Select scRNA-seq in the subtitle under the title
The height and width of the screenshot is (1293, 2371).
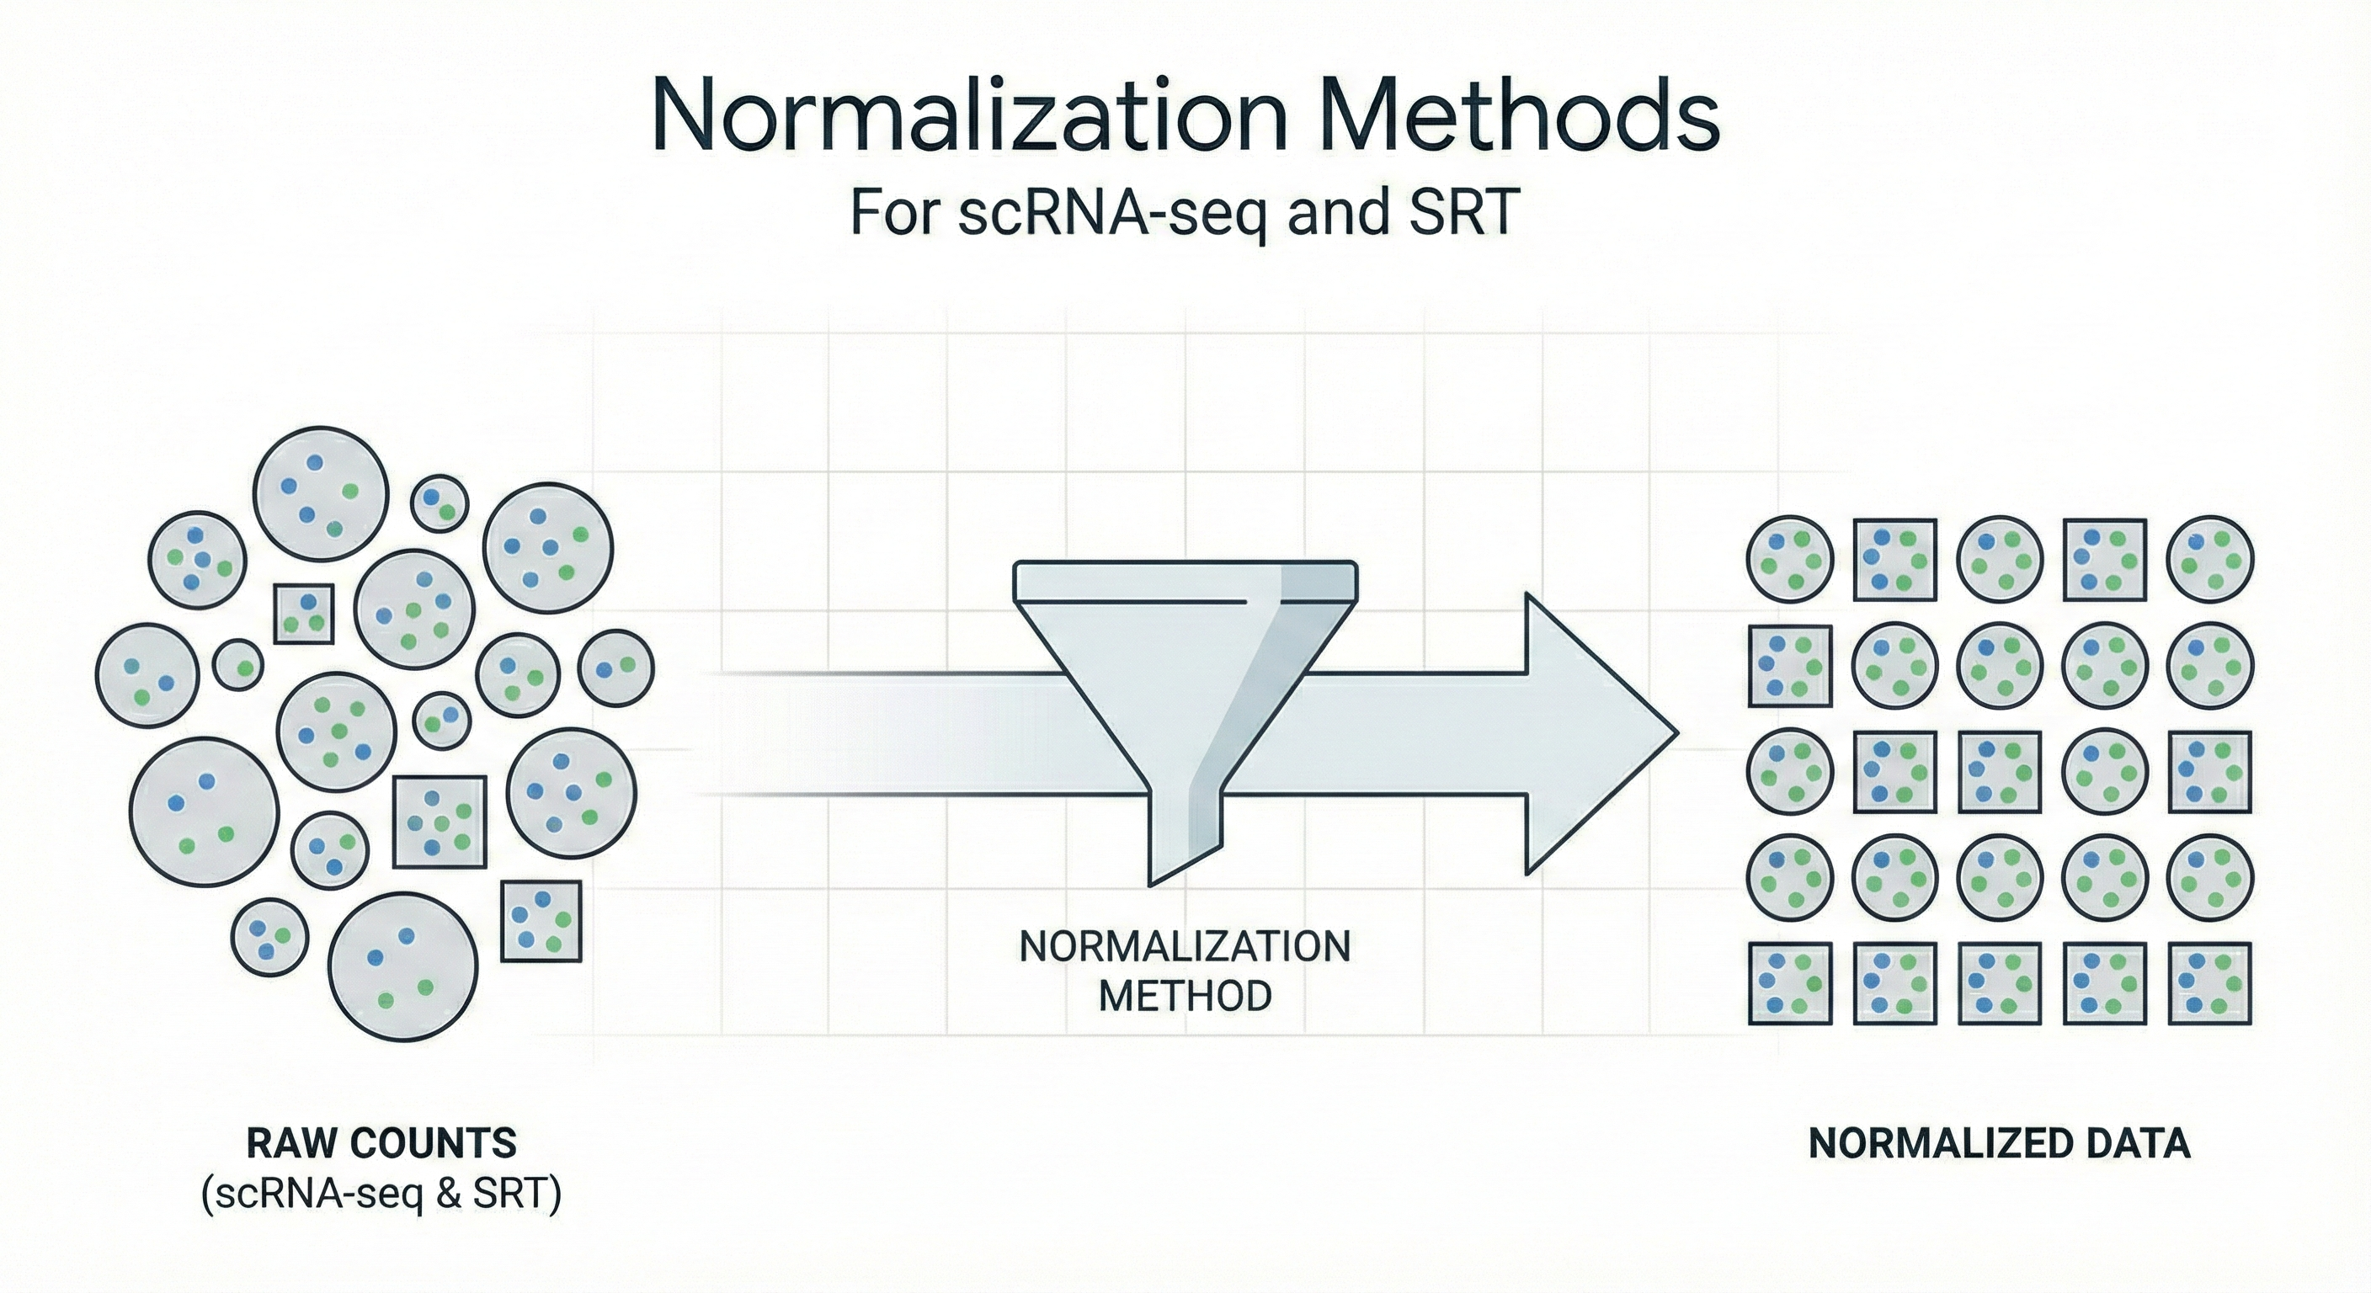pyautogui.click(x=1113, y=214)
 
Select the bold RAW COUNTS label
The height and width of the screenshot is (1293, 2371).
pyautogui.click(x=382, y=1144)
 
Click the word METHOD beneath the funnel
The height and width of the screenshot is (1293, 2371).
pyautogui.click(x=1185, y=995)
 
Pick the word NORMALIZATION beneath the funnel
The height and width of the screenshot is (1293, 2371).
pyautogui.click(x=1185, y=947)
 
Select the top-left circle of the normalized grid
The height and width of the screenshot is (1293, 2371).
pyautogui.click(x=1789, y=560)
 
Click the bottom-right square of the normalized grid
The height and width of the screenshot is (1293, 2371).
pyautogui.click(x=2210, y=984)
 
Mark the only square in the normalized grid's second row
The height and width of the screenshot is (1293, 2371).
pyautogui.click(x=1789, y=667)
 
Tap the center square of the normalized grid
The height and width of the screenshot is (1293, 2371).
pyautogui.click(x=1999, y=772)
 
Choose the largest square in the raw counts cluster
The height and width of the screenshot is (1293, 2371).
pyautogui.click(x=439, y=822)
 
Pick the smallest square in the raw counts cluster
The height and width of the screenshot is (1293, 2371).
pyautogui.click(x=304, y=613)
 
